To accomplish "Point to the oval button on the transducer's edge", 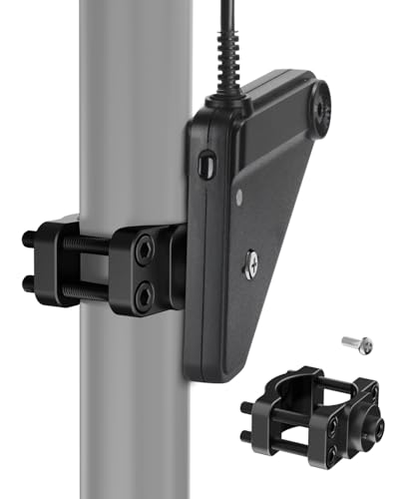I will pos(205,163).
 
